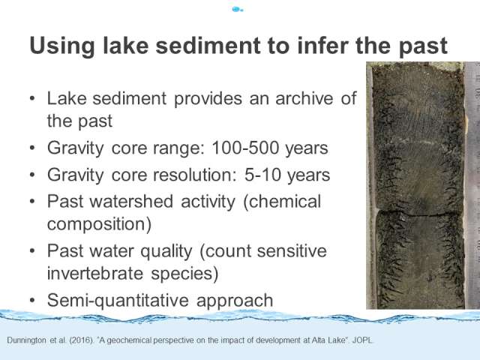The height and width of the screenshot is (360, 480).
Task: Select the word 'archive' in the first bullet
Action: coord(304,98)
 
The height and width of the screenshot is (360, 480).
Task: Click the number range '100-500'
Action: coord(245,148)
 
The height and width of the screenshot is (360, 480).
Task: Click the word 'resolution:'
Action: coord(195,175)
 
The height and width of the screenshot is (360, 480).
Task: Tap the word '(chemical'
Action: coord(282,202)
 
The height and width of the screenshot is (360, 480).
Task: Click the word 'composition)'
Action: coord(99,224)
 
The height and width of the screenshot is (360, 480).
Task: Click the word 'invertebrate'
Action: coord(95,273)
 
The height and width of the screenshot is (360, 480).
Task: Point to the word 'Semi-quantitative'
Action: coord(118,300)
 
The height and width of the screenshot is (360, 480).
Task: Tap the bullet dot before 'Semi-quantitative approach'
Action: coord(32,301)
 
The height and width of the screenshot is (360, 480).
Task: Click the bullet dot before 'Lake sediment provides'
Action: coord(32,98)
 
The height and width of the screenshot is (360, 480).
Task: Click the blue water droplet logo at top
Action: coord(237,10)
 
